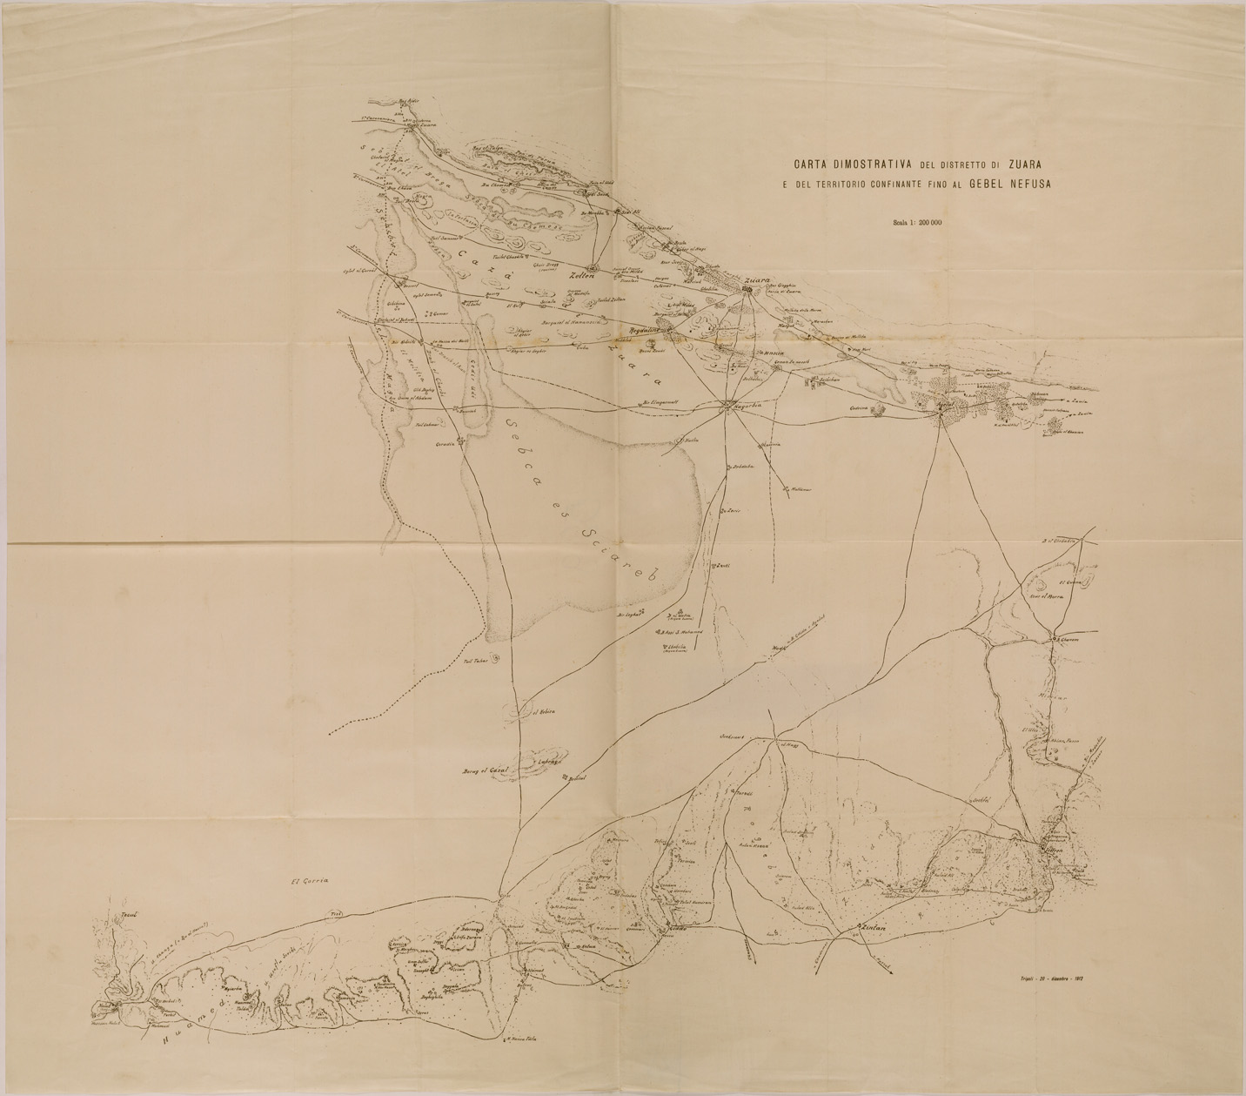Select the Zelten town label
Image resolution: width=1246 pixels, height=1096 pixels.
[581, 277]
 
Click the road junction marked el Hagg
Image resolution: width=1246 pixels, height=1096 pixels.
[787, 743]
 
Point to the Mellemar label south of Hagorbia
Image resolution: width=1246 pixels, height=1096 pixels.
[801, 489]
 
